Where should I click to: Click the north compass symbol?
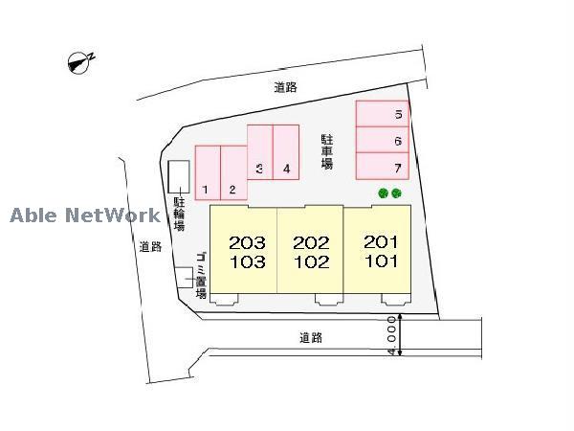(79, 62)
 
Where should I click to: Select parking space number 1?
(208, 173)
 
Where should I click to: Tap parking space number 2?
(234, 173)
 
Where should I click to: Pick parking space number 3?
(260, 152)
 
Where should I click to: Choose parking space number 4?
(286, 152)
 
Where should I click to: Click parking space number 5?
(382, 114)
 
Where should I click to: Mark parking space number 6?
(382, 140)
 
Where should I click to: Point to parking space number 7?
(382, 167)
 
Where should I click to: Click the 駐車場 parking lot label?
(327, 151)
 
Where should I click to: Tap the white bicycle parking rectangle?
(179, 176)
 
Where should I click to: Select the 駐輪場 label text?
(179, 215)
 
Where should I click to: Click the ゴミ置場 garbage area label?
(201, 275)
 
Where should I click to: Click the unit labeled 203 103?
(243, 249)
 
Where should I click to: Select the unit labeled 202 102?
(310, 249)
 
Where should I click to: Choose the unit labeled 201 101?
(378, 249)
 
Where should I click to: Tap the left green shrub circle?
(383, 193)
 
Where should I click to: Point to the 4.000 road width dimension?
(392, 335)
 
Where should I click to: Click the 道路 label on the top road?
(285, 87)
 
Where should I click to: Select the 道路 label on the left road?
(150, 247)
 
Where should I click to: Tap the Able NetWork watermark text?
(85, 215)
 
